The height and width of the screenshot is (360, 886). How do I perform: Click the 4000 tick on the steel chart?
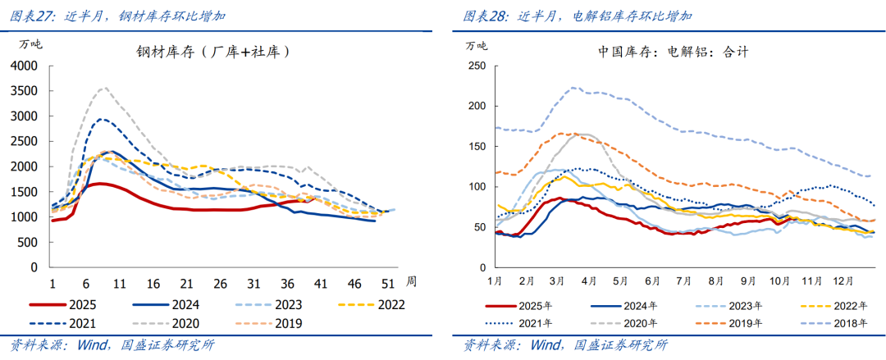coord(26,66)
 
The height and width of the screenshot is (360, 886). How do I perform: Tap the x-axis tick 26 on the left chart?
coord(220,283)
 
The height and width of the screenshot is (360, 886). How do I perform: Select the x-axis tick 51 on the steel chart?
coord(388,283)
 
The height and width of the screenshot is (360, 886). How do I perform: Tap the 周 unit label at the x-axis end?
coord(411,280)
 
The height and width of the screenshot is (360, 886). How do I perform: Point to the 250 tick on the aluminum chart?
coord(475,66)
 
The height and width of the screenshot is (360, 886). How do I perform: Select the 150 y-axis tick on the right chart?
coord(475,146)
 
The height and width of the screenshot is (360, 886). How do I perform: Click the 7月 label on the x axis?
coord(683,281)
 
